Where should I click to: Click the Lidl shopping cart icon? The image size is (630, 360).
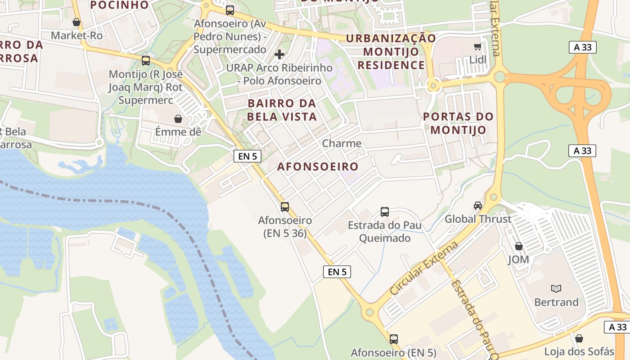[477, 46]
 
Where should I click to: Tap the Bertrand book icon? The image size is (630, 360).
[556, 288]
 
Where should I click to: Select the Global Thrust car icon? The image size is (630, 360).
[478, 206]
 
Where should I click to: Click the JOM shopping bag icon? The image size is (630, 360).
[519, 246]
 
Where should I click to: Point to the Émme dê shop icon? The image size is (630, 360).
[178, 119]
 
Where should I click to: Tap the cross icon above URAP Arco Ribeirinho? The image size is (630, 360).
[279, 54]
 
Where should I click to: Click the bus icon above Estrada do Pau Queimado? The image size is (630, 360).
[385, 211]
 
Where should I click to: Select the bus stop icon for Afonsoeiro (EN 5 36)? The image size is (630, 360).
[285, 207]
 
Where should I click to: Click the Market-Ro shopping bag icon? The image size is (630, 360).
[76, 22]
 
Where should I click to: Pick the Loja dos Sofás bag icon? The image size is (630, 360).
[579, 338]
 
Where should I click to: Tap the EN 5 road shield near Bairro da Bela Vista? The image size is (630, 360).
[247, 156]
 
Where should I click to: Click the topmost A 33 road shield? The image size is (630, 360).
[583, 47]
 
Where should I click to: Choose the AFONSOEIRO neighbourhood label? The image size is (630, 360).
[318, 166]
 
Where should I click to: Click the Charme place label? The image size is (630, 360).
[342, 144]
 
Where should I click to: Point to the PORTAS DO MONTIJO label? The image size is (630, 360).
[459, 123]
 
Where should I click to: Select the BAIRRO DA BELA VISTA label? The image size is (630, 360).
[282, 110]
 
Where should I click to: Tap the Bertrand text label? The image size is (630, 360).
[556, 302]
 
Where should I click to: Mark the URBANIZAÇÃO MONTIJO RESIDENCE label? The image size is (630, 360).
[391, 51]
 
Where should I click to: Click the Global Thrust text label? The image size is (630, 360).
[478, 219]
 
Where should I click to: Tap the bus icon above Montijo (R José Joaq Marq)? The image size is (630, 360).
[145, 61]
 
